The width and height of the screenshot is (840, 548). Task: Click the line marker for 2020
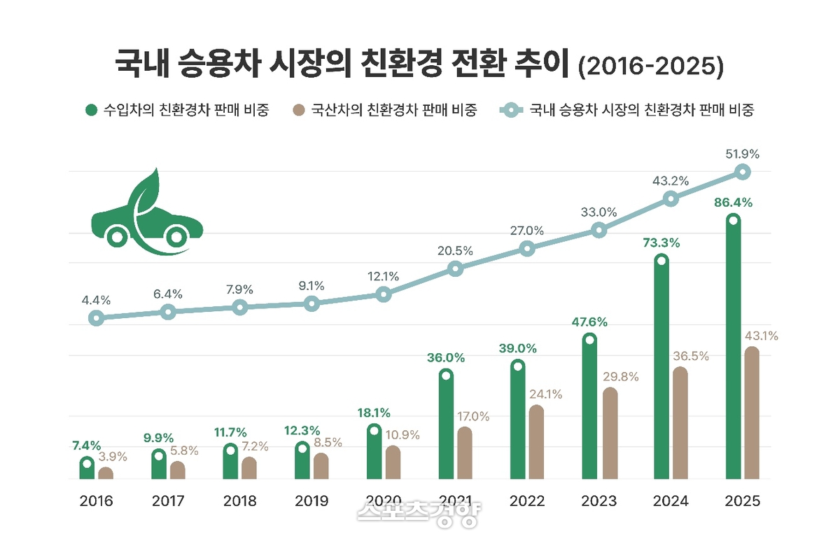tap(383, 294)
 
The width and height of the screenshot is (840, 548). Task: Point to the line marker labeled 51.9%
tap(743, 172)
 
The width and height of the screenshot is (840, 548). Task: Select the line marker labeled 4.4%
tap(97, 318)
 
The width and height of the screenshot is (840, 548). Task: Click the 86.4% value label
tap(732, 203)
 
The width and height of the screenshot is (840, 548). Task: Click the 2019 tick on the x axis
tap(311, 501)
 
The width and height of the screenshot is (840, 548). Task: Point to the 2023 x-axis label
tap(598, 501)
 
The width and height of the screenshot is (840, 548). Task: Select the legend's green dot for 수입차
tap(91, 110)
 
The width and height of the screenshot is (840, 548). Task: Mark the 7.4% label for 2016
tap(86, 445)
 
